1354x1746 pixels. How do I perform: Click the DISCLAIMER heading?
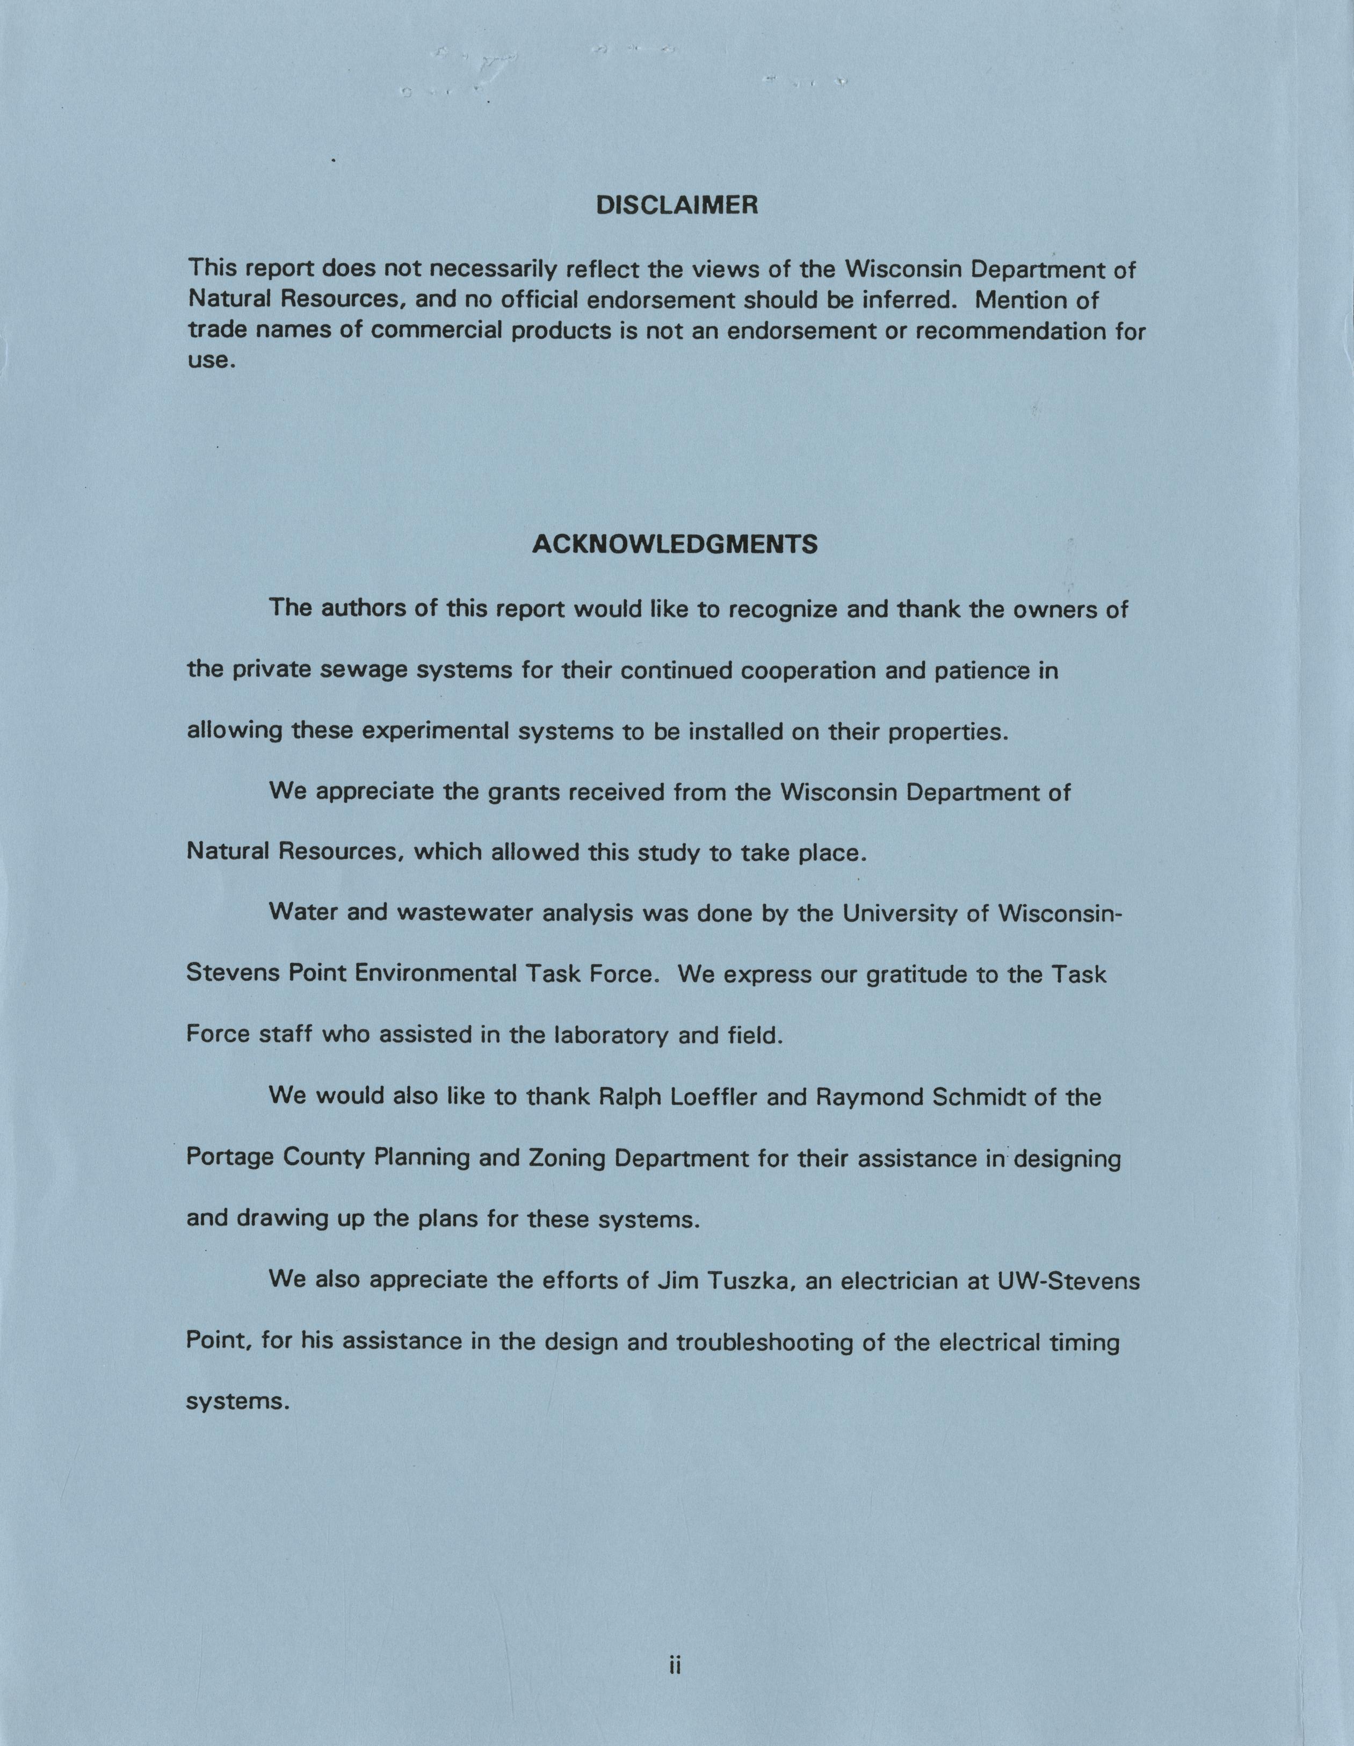(x=677, y=205)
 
